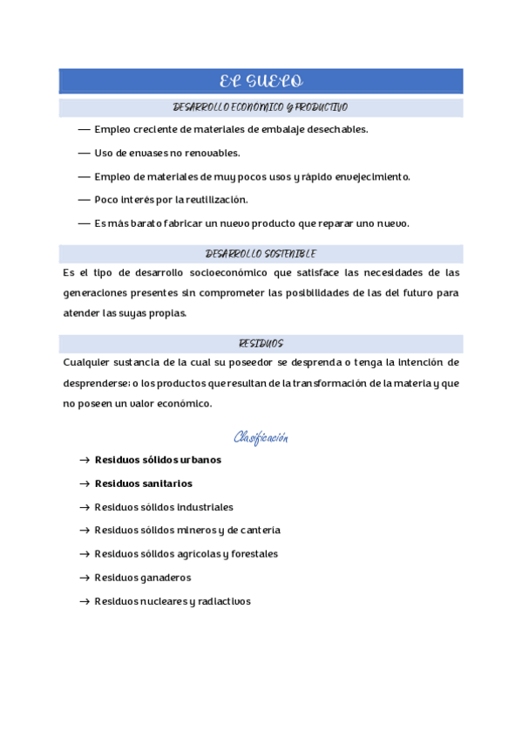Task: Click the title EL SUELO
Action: point(261,82)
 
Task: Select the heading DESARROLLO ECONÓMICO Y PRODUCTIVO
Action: point(261,107)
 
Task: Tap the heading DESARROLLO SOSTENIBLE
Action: point(261,254)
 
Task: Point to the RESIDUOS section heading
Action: point(261,344)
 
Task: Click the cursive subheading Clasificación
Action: point(261,437)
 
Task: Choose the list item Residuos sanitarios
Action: point(144,483)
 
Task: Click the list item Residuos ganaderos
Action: point(143,578)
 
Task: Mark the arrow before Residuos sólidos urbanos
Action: point(84,460)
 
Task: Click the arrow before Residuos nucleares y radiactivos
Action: point(84,601)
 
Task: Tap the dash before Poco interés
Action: point(84,200)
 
